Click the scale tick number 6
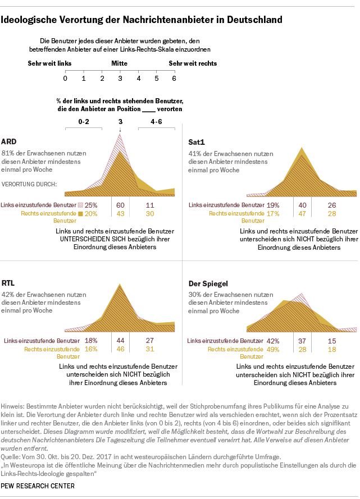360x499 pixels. tap(174, 77)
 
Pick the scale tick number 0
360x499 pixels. tap(66, 77)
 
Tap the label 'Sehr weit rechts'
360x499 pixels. tap(193, 63)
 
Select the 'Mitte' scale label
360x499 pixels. tap(120, 63)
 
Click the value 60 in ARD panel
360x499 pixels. tap(120, 205)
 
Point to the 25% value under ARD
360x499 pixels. tap(91, 205)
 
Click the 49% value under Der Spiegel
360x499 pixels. tap(273, 349)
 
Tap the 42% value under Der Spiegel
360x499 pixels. tap(273, 340)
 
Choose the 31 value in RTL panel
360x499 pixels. tap(149, 349)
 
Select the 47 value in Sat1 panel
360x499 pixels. tap(302, 214)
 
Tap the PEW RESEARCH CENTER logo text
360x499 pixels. tap(38, 486)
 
